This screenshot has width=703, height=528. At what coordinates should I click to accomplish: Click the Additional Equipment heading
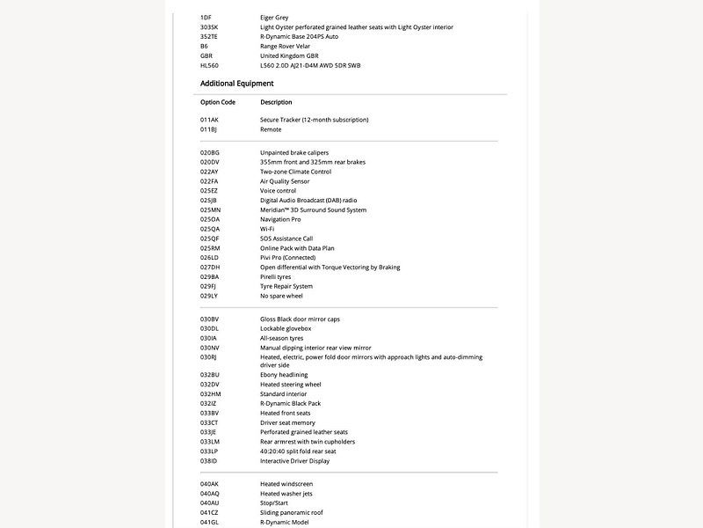coord(236,84)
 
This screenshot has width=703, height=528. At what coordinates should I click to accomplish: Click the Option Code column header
coord(217,102)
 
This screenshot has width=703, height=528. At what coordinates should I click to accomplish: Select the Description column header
coord(276,102)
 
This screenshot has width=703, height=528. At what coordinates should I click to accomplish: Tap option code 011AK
coord(209,120)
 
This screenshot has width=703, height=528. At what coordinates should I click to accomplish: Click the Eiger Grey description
coord(274,18)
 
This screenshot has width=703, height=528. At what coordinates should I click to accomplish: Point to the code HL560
coord(209,65)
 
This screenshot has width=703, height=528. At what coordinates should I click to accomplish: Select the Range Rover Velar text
coord(286,46)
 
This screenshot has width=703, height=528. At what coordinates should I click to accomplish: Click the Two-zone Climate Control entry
coord(295,172)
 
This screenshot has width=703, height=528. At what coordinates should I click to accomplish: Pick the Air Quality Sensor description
coord(285,181)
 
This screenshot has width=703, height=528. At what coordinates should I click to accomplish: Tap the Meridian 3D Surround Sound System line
coord(313,210)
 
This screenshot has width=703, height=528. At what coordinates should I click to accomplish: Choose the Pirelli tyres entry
coord(275,277)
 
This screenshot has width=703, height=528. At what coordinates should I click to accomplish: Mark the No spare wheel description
coord(281,297)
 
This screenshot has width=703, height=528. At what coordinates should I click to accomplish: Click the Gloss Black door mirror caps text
coord(300,319)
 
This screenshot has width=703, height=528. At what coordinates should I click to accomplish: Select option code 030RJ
coord(208,357)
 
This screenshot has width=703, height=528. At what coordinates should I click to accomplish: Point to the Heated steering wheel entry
coord(290,385)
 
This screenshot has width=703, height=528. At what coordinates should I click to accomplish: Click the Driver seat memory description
coord(287,422)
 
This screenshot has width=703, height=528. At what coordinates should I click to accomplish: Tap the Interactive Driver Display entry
coord(294,461)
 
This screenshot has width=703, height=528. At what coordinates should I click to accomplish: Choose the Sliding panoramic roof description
coord(291,512)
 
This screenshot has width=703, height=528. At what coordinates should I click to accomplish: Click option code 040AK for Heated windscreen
coord(209,484)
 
